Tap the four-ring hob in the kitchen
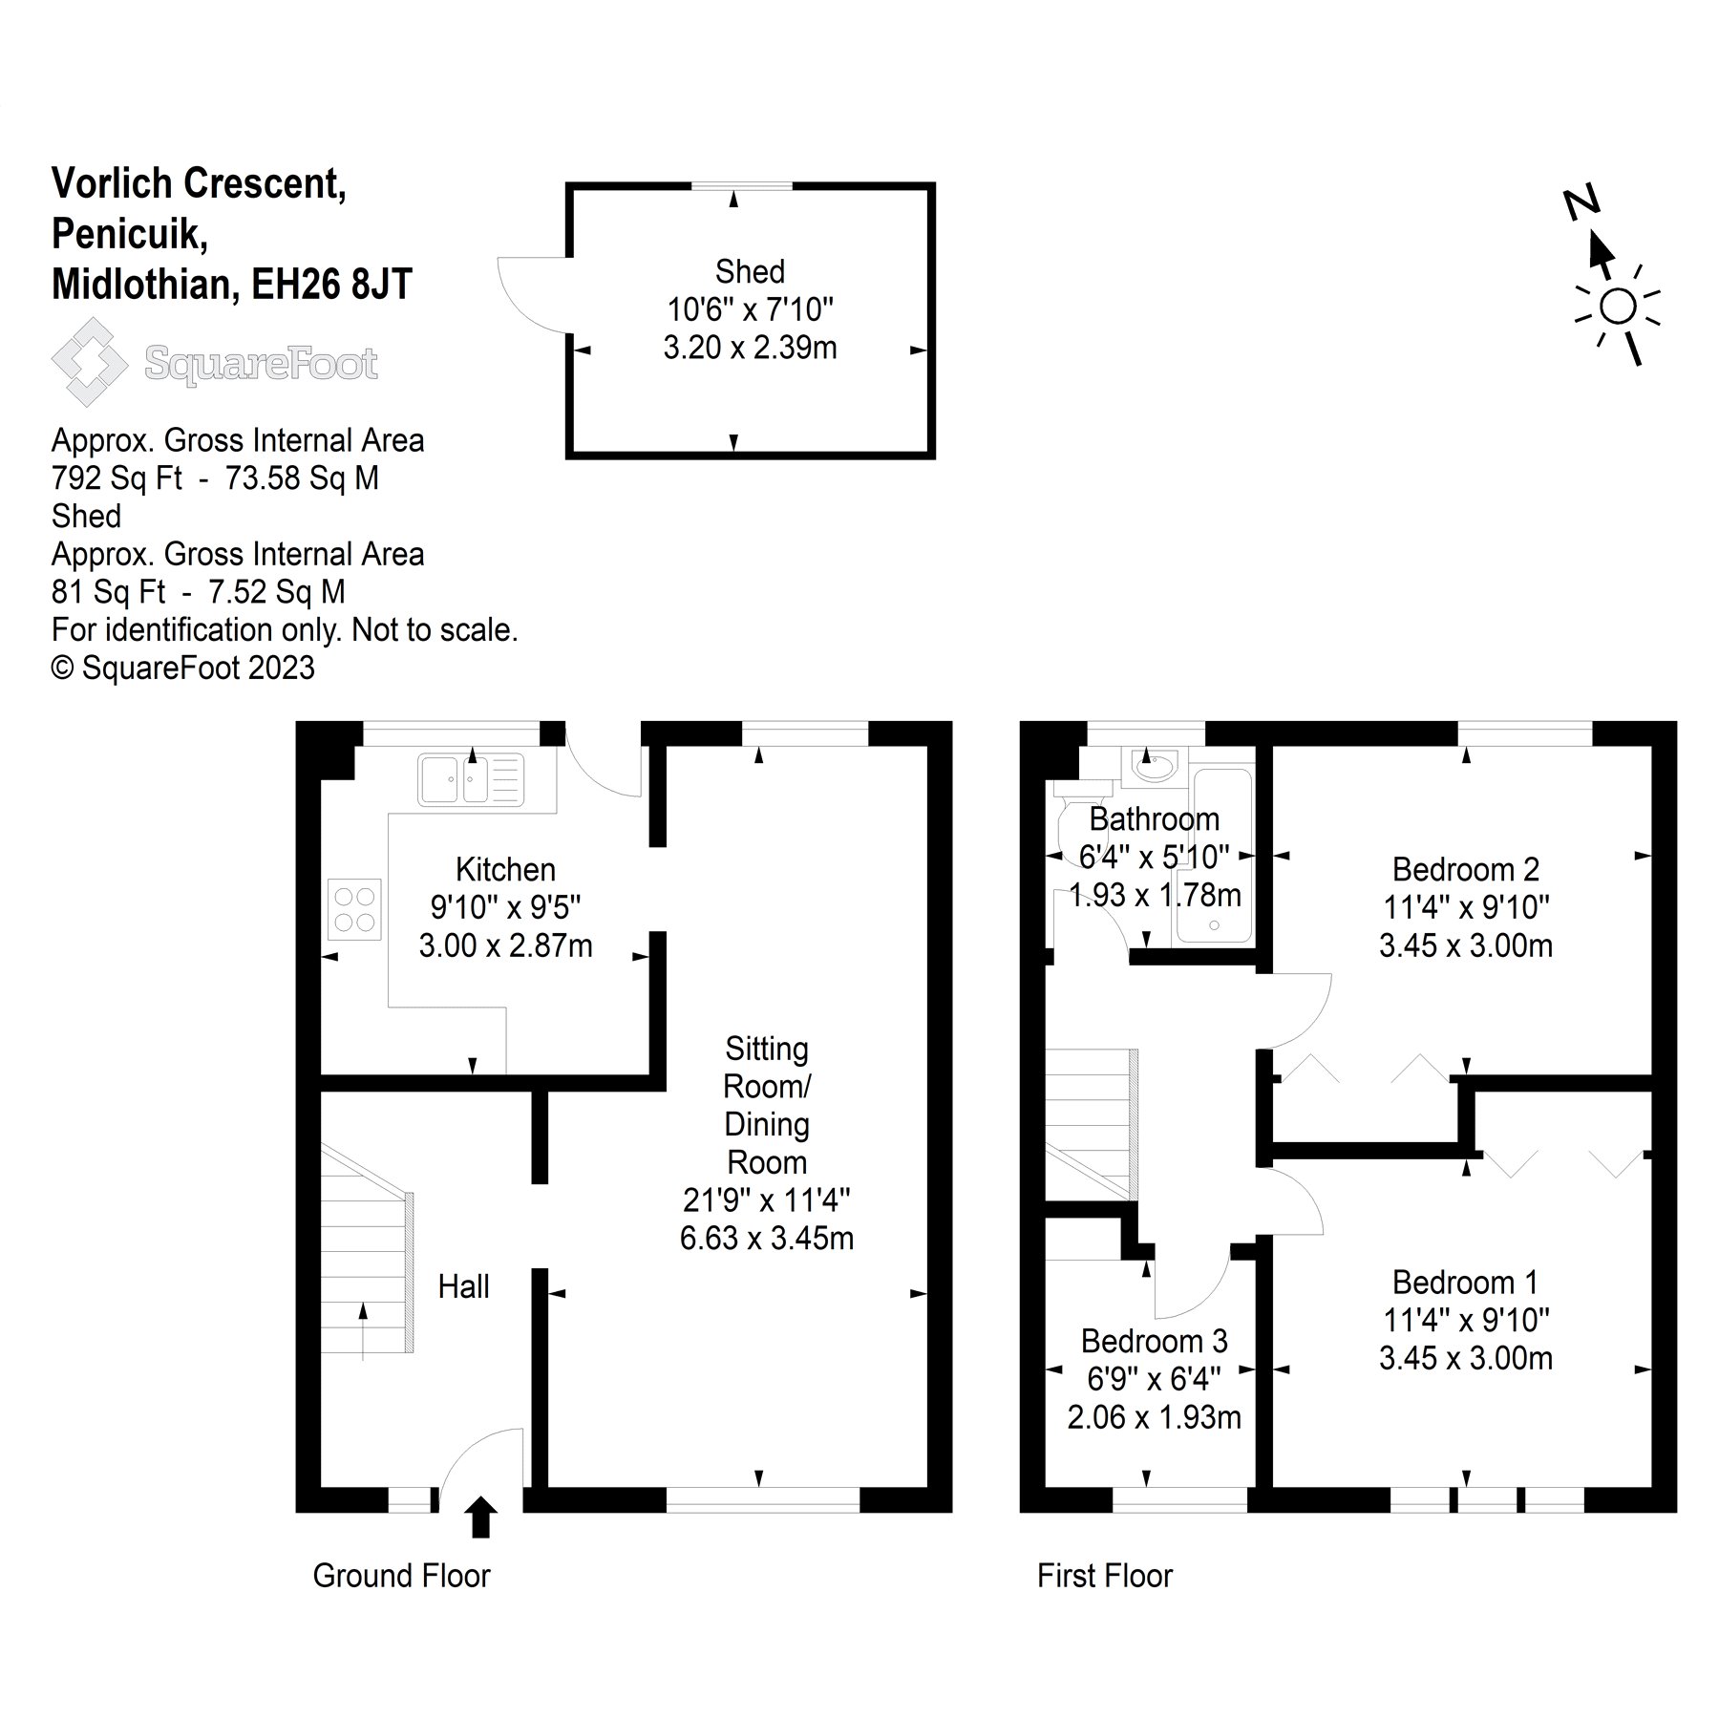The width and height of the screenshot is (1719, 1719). pos(354,908)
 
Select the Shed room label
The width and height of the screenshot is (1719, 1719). pos(750,272)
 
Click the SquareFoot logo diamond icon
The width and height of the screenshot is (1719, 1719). pos(89,362)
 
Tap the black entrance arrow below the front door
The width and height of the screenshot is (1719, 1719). pos(480,1517)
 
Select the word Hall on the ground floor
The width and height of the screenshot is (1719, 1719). pos(463,1286)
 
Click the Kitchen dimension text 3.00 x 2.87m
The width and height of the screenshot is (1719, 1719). pos(505,945)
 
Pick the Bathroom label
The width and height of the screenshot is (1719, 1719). pos(1154,819)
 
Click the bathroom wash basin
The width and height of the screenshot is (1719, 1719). pos(1155,765)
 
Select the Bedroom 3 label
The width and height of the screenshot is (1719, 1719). pos(1154,1341)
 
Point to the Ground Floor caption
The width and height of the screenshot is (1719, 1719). pos(401,1576)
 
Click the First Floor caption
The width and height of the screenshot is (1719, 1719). pos(1104,1576)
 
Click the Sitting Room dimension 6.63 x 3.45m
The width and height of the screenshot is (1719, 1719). pos(766,1238)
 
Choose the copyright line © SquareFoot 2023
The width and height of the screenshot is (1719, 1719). pos(182,668)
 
